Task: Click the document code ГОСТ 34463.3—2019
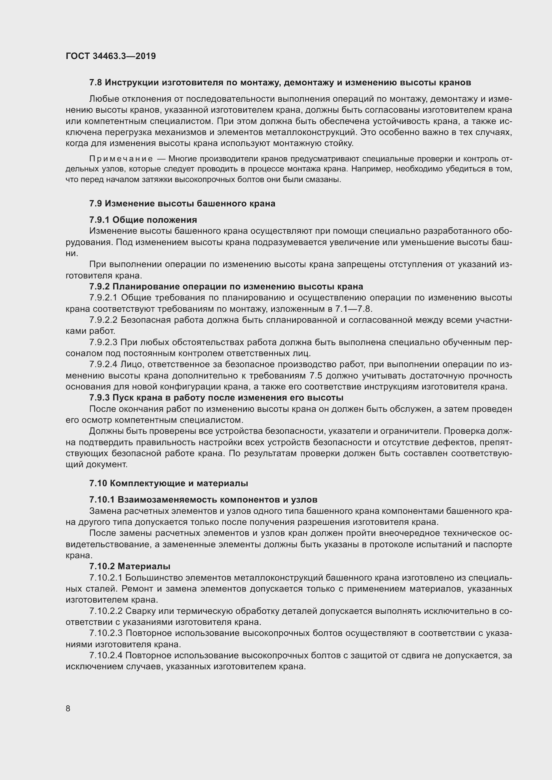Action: pyautogui.click(x=110, y=56)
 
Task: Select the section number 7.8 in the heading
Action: pyautogui.click(x=95, y=83)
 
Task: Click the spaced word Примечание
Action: pyautogui.click(x=121, y=159)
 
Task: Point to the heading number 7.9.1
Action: pyautogui.click(x=99, y=220)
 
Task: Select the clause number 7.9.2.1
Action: pyautogui.click(x=103, y=297)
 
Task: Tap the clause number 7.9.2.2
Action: pyautogui.click(x=103, y=320)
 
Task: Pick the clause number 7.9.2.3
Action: pyautogui.click(x=103, y=342)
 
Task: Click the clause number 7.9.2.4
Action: pyautogui.click(x=103, y=364)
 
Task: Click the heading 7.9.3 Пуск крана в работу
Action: pyautogui.click(x=216, y=398)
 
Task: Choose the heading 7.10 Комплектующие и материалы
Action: pyautogui.click(x=169, y=483)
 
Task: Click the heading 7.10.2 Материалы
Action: pyautogui.click(x=130, y=566)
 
